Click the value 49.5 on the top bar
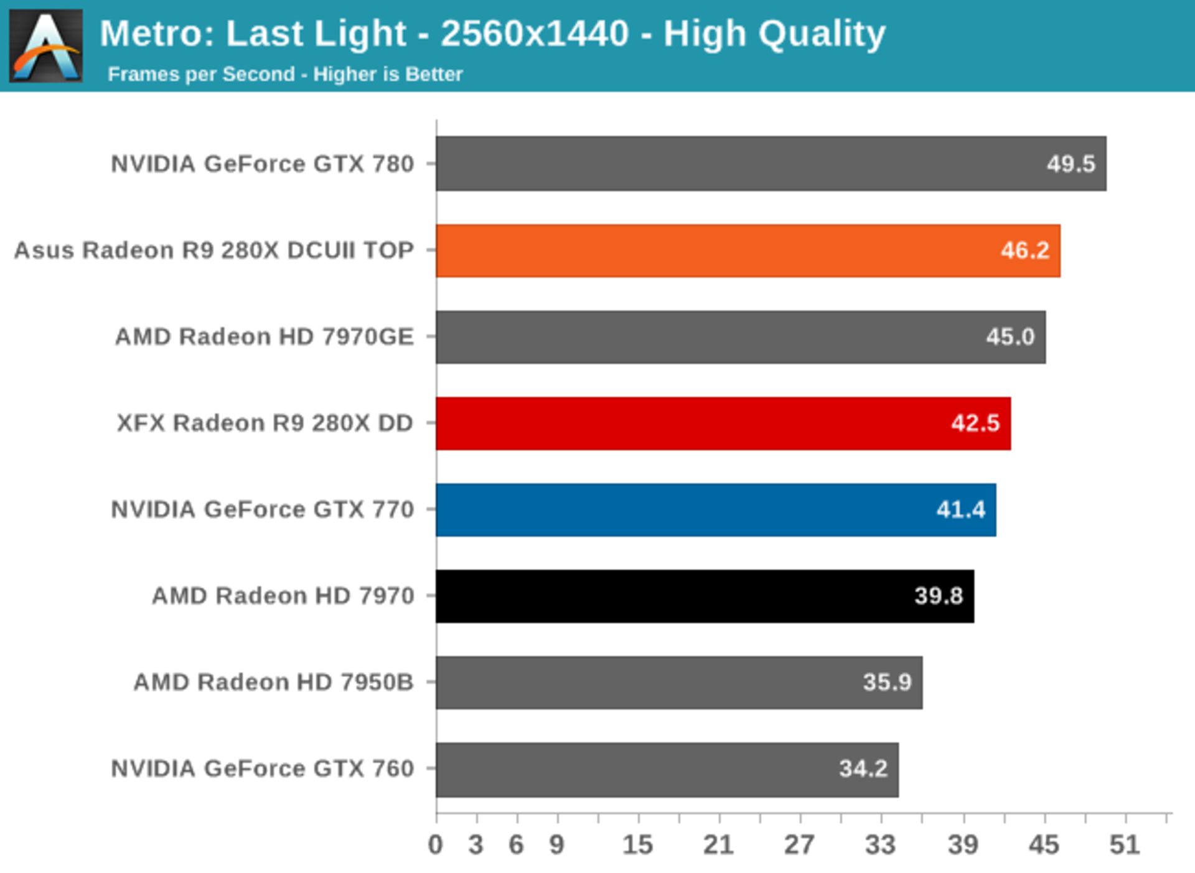(x=1071, y=164)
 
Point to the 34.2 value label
(x=863, y=769)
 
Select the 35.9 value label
(x=887, y=683)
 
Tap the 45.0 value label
(x=1010, y=337)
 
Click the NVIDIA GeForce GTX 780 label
(x=262, y=164)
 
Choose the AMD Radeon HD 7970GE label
(x=265, y=337)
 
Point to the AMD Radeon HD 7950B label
(x=273, y=683)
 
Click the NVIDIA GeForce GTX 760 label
(x=262, y=769)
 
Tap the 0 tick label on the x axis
(x=436, y=845)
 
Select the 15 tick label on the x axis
(x=638, y=845)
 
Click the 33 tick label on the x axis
(x=881, y=845)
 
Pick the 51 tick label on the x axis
(x=1125, y=845)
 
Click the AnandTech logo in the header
(x=46, y=46)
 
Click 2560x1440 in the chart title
(x=534, y=34)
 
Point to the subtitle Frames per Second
(x=201, y=75)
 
